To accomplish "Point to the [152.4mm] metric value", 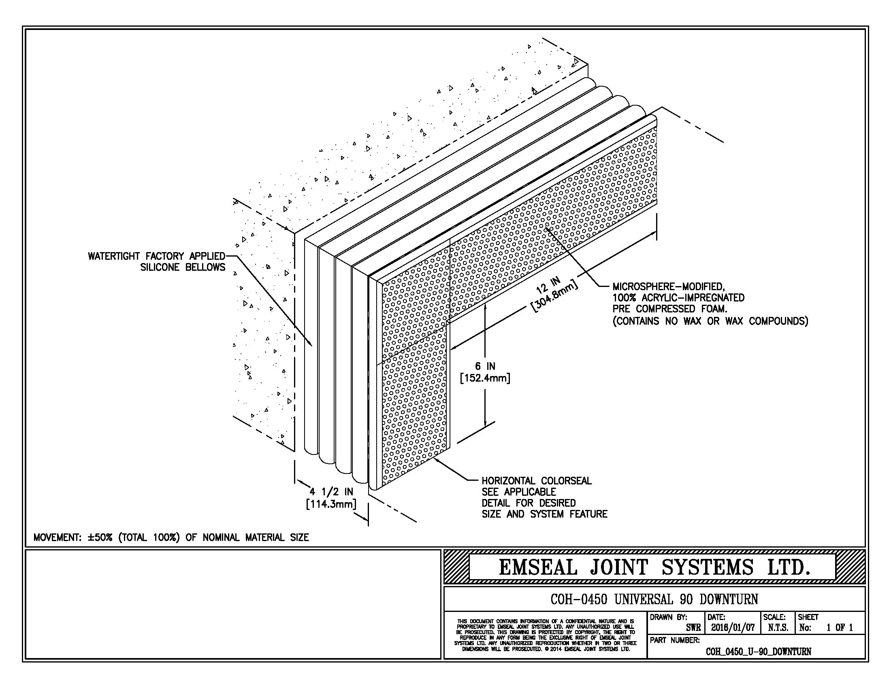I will click(485, 378).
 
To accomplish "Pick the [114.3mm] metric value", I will click(331, 504).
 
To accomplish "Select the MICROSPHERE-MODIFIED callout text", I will click(668, 287).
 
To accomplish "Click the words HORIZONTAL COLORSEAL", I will click(537, 481).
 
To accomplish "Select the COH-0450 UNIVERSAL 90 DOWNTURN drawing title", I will click(654, 599).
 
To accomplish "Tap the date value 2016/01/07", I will click(733, 628).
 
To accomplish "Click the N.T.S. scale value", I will click(778, 628).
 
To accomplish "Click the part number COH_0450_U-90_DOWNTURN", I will click(758, 651).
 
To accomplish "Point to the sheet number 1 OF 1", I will click(840, 628).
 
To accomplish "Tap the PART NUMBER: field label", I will click(674, 640).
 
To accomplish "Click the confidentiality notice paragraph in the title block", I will click(545, 635).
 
